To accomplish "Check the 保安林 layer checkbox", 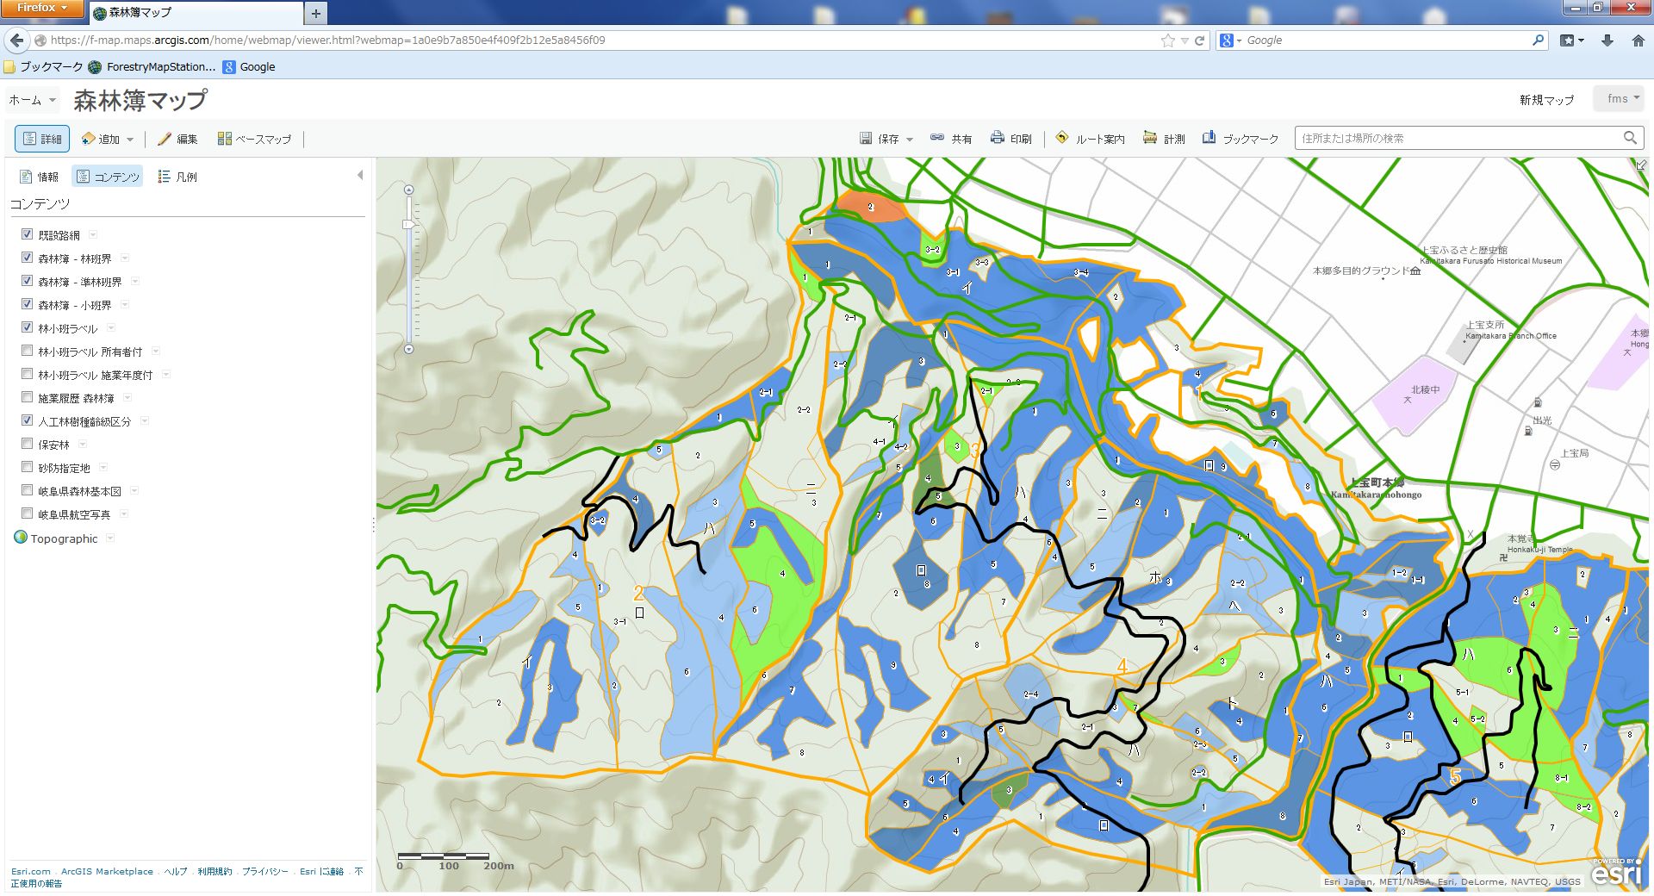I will pos(27,445).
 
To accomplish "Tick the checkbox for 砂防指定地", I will pos(27,468).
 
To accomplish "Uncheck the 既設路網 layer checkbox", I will pos(27,234).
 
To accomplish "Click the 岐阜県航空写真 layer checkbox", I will pos(27,514).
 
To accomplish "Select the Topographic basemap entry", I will pos(64,538).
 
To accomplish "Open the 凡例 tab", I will pos(177,177).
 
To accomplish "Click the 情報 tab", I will pos(40,177).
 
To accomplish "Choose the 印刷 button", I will pos(1010,139).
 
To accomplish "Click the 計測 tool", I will pos(1164,139).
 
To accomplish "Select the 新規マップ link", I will pos(1546,100).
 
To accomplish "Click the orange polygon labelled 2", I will pos(870,208).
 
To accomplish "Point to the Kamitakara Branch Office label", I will pos(1510,336).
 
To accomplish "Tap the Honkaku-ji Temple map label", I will pos(1539,550).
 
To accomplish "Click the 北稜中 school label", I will pos(1425,390).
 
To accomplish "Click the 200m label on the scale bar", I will pos(499,866).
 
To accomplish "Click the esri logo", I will pos(1616,874).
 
